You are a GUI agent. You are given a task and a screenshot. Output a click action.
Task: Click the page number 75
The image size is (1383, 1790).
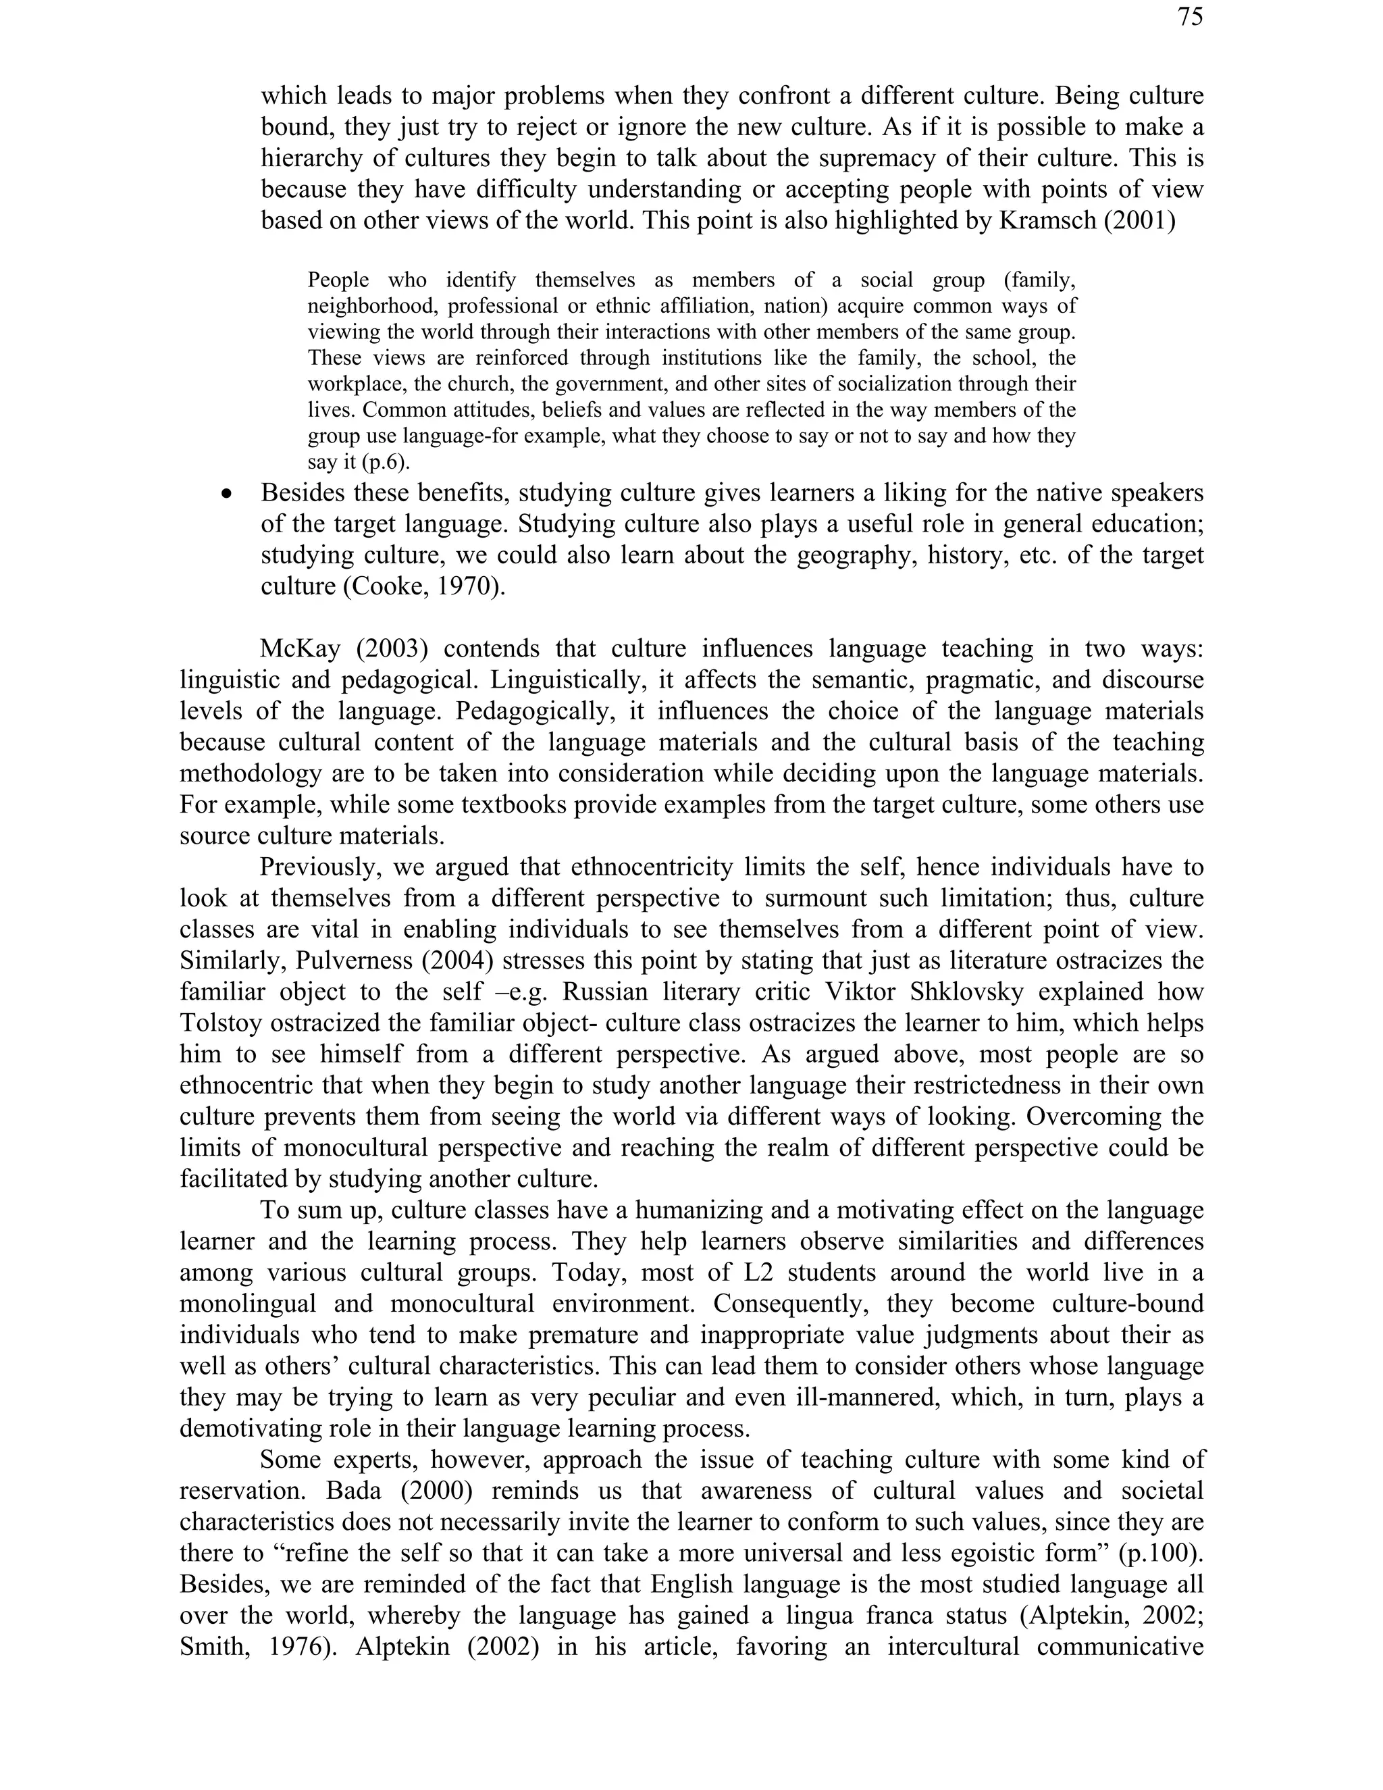pyautogui.click(x=1191, y=16)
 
